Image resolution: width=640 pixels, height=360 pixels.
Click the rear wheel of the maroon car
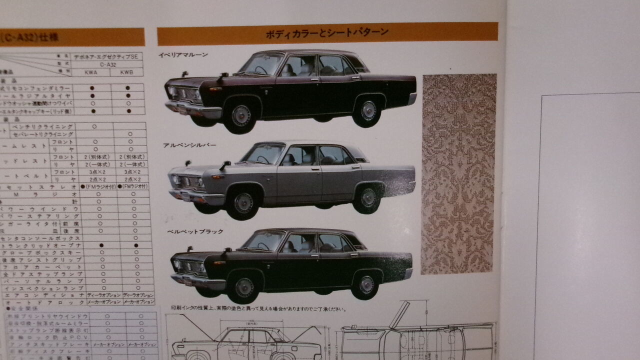[368, 111]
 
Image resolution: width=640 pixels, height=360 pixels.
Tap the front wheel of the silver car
[243, 202]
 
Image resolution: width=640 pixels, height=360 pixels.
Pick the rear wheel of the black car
[366, 284]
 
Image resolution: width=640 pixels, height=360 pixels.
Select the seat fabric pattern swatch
[458, 174]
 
